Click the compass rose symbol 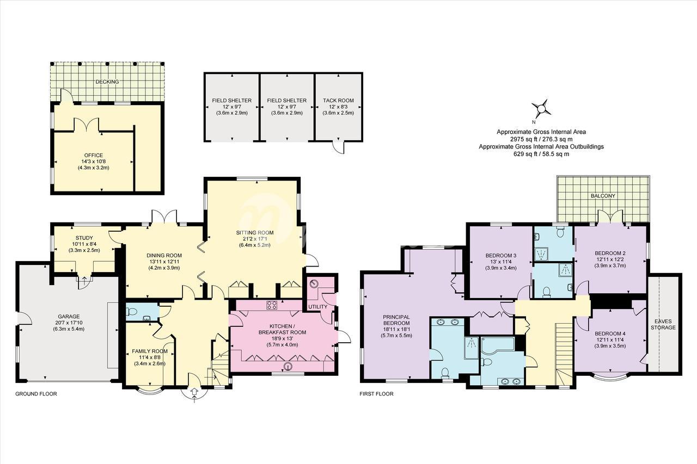coord(542,109)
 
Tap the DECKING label coord(107,82)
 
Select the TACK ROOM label coord(338,101)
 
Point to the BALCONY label coord(602,196)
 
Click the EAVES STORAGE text coord(663,324)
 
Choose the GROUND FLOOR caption coord(36,394)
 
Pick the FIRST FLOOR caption coord(376,394)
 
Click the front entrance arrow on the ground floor coord(195,395)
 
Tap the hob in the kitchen coord(272,305)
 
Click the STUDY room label coord(84,238)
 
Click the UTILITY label coord(317,307)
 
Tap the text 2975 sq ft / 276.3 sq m coord(541,139)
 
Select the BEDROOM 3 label coord(500,256)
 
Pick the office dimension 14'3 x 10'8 coord(93,162)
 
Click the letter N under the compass coord(534,122)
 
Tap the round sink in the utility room coord(314,283)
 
